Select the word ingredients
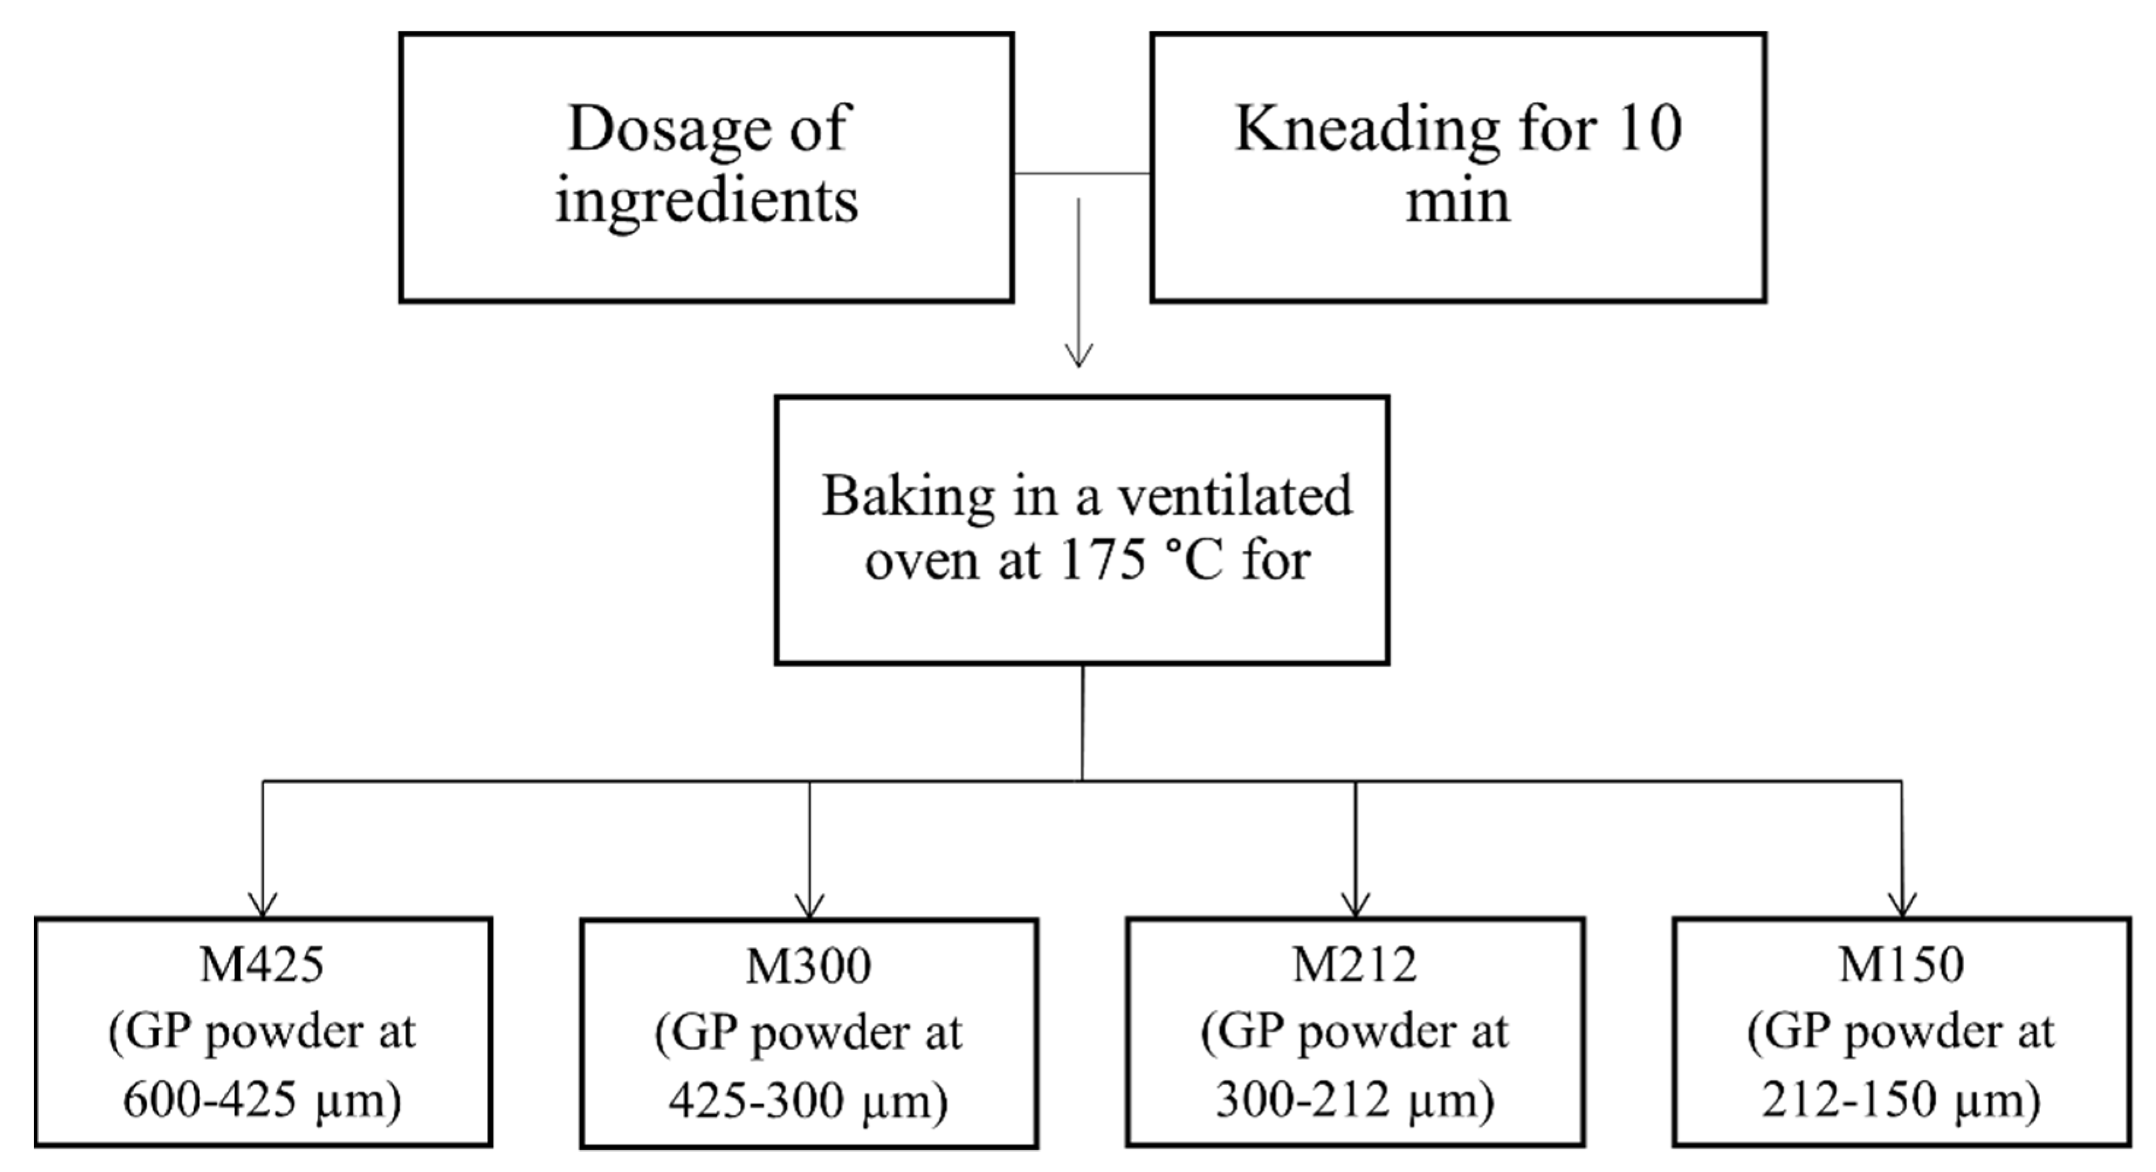tap(707, 201)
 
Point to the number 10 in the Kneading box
tap(1648, 129)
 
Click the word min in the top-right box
tap(1458, 201)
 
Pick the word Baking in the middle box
tap(908, 496)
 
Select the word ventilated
tap(1235, 496)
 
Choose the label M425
tap(262, 965)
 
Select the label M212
tap(1355, 965)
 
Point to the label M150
tap(1902, 965)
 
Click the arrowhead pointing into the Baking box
tap(1078, 355)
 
